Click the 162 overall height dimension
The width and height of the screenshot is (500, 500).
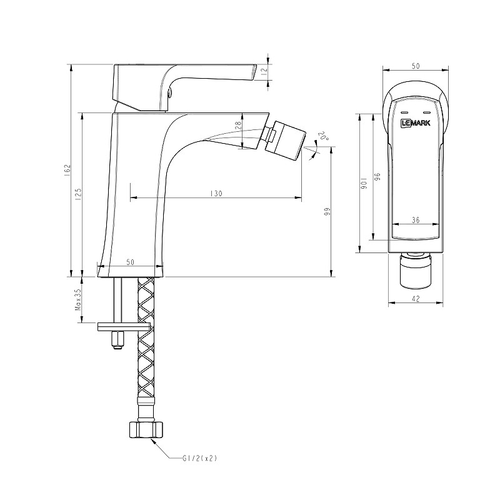click(67, 169)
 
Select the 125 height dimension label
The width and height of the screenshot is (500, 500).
click(78, 194)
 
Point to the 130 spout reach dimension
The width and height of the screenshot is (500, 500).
click(216, 194)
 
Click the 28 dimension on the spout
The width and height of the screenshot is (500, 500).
click(237, 125)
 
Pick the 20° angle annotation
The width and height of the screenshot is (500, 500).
click(322, 136)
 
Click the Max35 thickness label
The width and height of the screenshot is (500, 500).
click(78, 300)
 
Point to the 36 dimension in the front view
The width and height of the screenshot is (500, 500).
click(416, 219)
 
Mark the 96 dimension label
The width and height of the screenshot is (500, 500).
click(377, 177)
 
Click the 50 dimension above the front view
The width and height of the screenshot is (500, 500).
click(416, 65)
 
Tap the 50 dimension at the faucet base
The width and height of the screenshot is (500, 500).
click(130, 262)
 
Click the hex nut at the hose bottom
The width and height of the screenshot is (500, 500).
click(145, 429)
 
